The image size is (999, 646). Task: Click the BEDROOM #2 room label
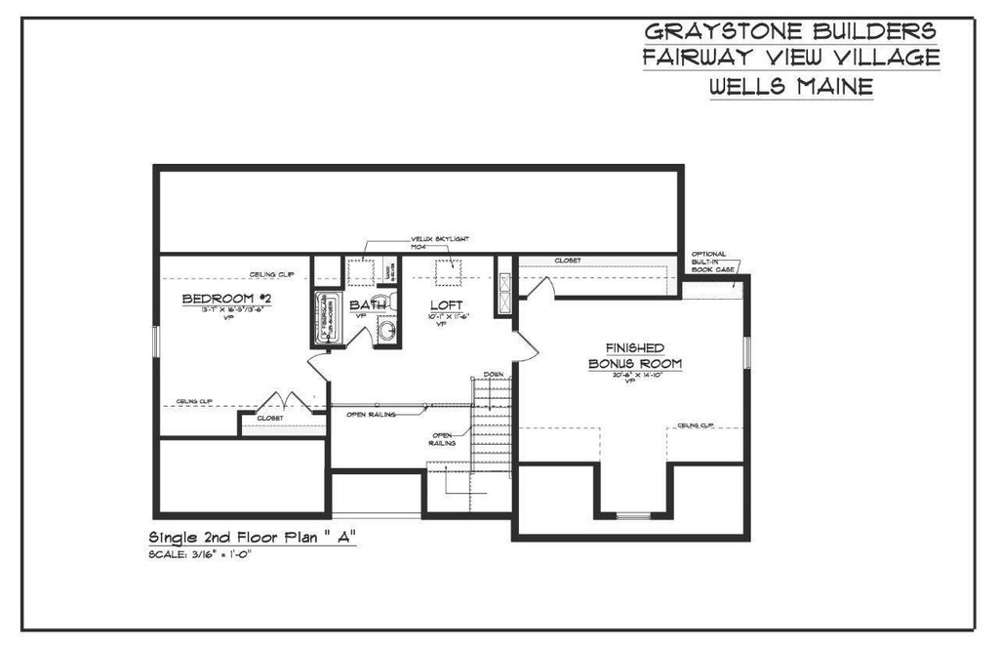pos(225,298)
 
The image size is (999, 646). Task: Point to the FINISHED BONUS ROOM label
pos(634,356)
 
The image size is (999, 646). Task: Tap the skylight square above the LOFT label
pos(448,274)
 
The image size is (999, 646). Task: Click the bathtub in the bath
pos(325,318)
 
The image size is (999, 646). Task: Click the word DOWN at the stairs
pos(494,375)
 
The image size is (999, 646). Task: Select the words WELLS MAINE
pos(791,87)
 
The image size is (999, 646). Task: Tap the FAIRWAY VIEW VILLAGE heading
pos(791,59)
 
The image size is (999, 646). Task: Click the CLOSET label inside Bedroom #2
pos(270,418)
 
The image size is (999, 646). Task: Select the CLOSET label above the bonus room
pos(568,261)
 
